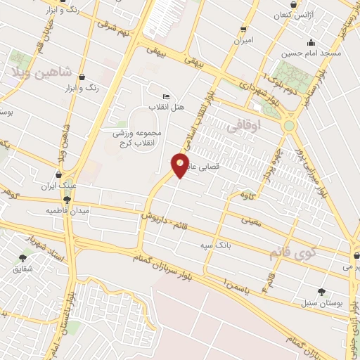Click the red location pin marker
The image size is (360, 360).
(180, 165)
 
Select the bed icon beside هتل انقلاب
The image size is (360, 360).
(166, 96)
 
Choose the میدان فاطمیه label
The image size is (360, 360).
(67, 210)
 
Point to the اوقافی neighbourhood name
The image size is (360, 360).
(245, 126)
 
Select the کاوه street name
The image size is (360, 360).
(245, 193)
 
